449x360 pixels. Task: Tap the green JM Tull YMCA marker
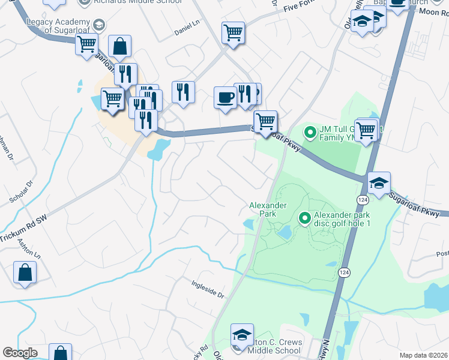310,131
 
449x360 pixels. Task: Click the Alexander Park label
268,209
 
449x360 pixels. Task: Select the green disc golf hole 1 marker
304,219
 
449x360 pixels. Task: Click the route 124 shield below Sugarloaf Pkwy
363,199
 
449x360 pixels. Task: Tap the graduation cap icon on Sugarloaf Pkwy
379,182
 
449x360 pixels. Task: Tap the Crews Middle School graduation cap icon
242,334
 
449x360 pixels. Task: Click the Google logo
19,352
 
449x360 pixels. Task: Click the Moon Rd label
430,11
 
